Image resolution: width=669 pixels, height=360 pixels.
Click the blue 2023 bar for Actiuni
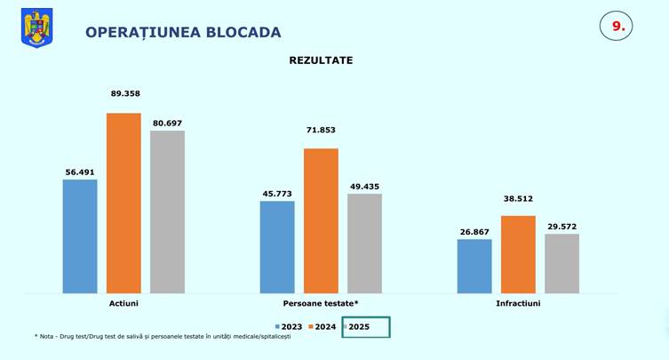(80, 236)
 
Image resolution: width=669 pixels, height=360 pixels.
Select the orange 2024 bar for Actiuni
(123, 203)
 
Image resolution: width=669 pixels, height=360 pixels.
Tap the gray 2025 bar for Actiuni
(167, 212)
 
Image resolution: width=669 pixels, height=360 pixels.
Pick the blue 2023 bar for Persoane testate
(277, 246)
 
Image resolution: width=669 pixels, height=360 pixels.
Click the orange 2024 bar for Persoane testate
(321, 220)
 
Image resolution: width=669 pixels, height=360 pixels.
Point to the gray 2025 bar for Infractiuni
(561, 263)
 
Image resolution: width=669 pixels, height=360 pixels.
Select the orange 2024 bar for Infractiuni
(518, 254)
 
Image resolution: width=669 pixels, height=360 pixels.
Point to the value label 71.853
(321, 130)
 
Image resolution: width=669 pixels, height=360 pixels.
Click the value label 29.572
(561, 227)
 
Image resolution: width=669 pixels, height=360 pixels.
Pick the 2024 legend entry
(324, 327)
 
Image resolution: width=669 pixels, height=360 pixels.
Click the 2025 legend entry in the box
(359, 327)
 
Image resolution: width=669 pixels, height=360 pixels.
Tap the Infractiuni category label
(518, 303)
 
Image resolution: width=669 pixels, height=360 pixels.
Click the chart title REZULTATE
(321, 60)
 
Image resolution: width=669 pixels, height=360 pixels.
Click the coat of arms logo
(36, 28)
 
